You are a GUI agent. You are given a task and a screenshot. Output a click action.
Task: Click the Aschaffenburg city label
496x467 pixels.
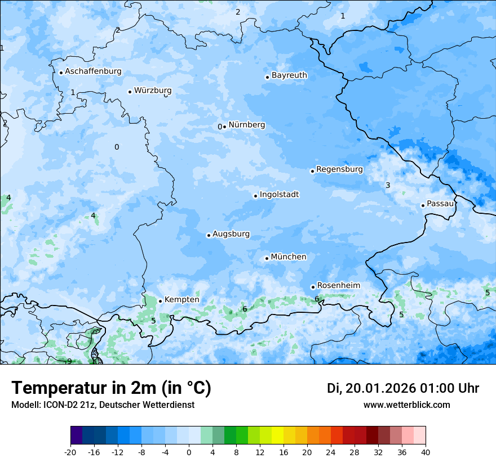93,71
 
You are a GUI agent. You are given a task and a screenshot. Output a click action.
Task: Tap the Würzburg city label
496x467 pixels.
153,91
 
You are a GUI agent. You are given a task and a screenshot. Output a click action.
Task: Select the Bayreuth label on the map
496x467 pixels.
289,75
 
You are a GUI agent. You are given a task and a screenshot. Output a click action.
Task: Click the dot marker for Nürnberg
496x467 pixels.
224,127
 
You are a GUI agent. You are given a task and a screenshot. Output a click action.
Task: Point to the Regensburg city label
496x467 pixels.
339,169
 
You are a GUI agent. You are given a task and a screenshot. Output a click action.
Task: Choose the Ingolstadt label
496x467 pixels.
279,195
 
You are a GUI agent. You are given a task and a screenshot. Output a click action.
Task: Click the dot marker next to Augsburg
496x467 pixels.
209,235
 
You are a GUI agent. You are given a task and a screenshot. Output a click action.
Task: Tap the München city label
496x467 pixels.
289,257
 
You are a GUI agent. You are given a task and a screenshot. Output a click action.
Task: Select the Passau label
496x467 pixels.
440,204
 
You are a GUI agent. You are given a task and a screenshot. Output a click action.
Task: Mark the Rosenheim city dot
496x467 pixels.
313,287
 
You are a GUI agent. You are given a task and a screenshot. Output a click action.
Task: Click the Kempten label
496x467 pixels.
181,300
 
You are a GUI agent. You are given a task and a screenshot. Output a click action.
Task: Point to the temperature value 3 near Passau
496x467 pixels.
388,186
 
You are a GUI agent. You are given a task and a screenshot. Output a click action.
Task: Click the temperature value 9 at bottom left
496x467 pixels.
69,361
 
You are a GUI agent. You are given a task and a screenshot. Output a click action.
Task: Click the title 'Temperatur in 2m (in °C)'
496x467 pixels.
111,388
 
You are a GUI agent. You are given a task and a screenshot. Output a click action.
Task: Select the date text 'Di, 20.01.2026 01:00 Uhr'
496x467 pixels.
403,388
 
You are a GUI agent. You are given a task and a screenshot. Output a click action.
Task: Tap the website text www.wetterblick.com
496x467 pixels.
406,405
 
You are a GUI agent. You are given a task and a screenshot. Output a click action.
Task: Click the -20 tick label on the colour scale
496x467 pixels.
70,452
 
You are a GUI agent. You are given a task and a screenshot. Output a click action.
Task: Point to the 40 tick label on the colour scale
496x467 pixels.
426,452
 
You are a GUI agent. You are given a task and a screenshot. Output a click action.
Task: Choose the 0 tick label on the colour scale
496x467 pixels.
189,452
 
